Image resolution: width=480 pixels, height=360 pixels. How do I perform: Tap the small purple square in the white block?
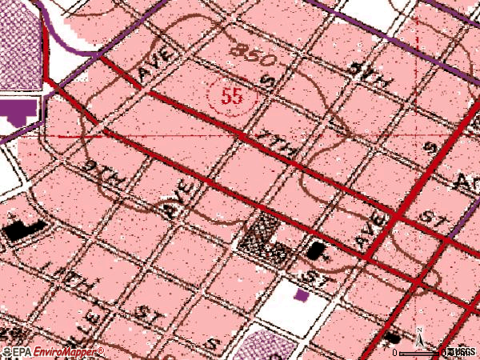point(302,295)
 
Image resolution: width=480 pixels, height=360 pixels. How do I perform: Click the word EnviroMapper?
point(68,352)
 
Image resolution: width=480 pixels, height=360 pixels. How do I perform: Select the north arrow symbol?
point(418,336)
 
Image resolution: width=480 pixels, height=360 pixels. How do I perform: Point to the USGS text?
point(462,352)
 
